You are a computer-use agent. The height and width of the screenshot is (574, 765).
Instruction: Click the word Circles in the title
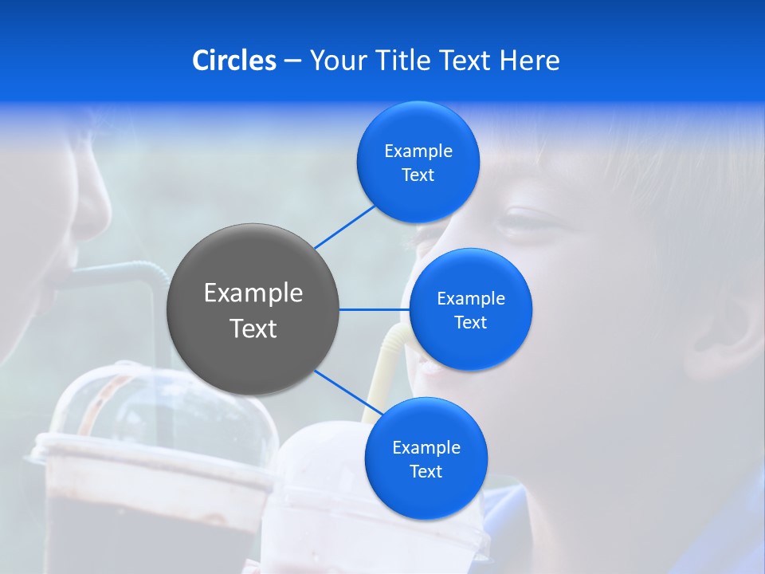233,61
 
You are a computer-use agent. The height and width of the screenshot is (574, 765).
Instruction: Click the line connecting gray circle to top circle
344,226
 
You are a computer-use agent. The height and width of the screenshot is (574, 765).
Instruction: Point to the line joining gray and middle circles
373,309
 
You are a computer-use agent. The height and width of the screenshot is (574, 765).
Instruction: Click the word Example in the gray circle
253,293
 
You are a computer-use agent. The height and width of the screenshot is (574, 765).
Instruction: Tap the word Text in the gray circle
253,328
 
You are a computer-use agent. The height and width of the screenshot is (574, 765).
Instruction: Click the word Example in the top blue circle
418,151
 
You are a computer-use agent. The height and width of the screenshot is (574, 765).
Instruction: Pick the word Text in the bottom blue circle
426,471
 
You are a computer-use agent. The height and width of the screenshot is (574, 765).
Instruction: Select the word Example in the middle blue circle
470,298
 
